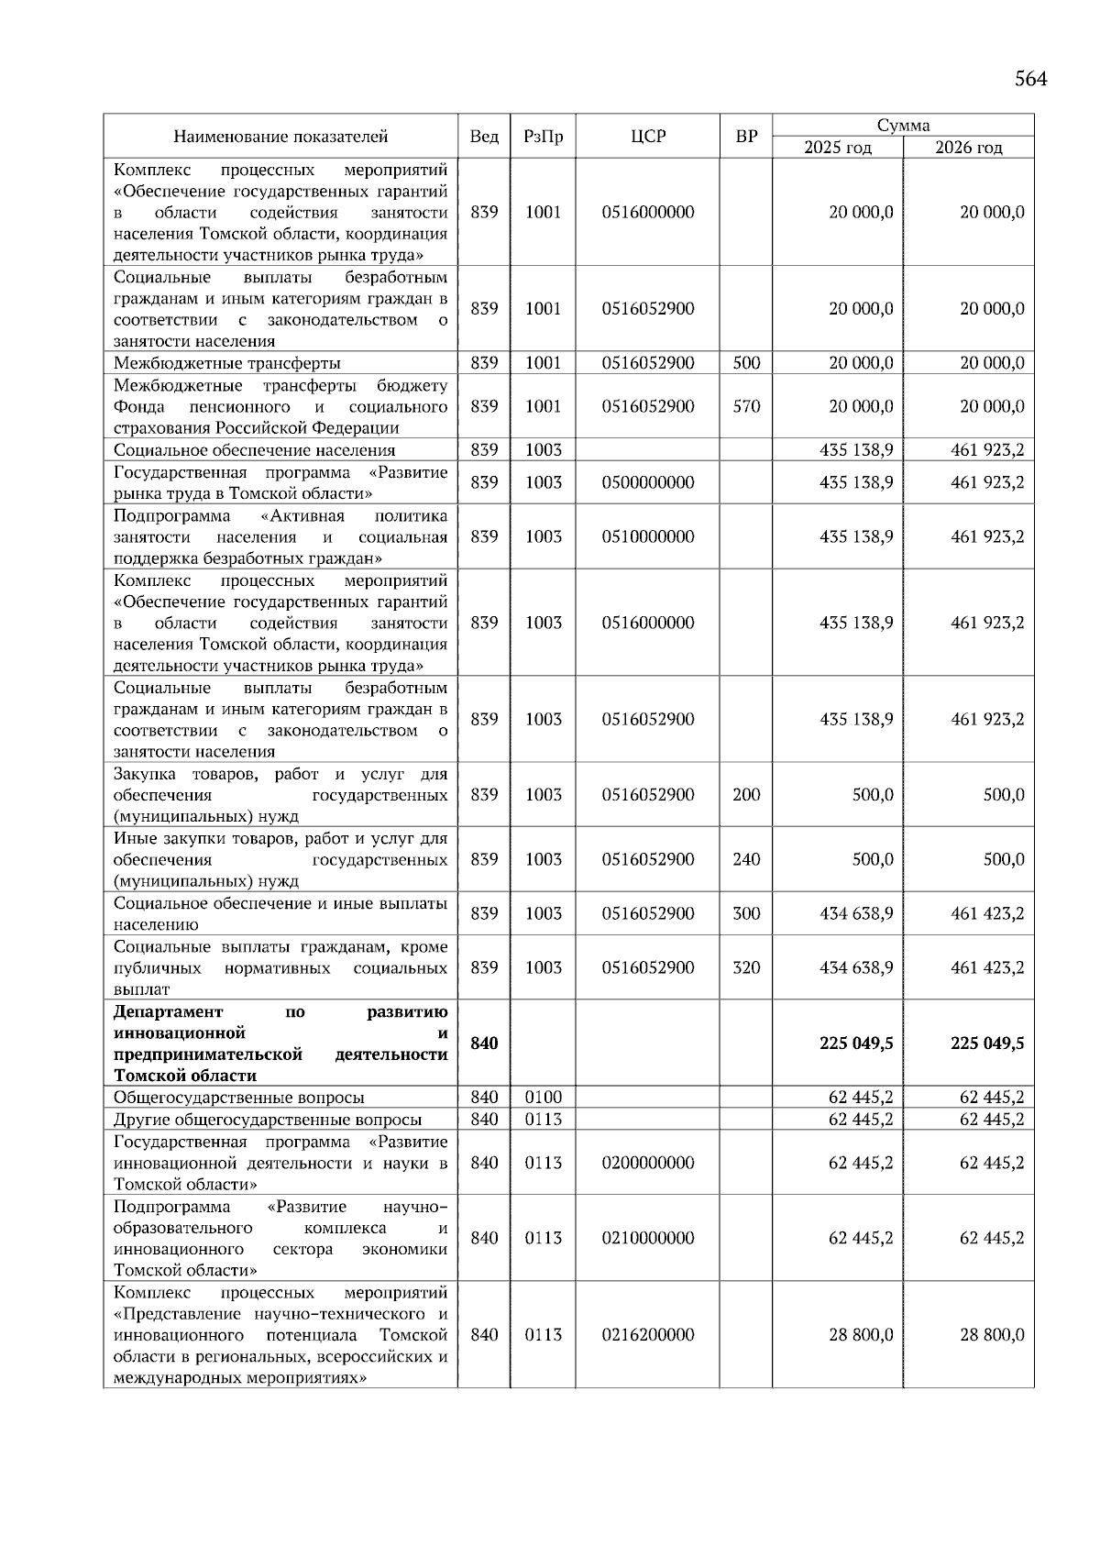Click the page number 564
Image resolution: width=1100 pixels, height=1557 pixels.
(x=1030, y=80)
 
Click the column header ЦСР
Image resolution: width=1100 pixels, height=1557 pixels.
(x=647, y=137)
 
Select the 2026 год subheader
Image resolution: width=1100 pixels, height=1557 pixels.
(x=968, y=148)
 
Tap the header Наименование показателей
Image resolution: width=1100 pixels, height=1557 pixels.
(x=280, y=137)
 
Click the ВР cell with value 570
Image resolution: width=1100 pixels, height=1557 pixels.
(x=746, y=406)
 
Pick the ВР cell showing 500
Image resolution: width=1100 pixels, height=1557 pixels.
(x=746, y=363)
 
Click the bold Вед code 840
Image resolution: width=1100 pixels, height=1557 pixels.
(x=484, y=1044)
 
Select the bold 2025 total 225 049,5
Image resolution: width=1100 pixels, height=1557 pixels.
(x=856, y=1044)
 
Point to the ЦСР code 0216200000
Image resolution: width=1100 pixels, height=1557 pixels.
(x=647, y=1335)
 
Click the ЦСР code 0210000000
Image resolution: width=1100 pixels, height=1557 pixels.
(x=647, y=1238)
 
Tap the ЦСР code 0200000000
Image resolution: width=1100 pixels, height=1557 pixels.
(x=647, y=1163)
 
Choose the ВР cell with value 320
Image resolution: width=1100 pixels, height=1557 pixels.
(x=746, y=967)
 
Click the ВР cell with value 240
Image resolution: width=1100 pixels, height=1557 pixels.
(x=746, y=859)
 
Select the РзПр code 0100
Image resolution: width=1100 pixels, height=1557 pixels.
(x=543, y=1098)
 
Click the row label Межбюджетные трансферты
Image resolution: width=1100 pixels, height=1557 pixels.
(x=227, y=363)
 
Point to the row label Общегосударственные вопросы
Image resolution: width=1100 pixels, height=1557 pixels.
(x=238, y=1098)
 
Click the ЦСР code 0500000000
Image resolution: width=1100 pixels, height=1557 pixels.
(x=647, y=482)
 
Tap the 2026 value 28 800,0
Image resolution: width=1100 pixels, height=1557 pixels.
(x=992, y=1335)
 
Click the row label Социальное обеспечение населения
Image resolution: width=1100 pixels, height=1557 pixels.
(x=254, y=450)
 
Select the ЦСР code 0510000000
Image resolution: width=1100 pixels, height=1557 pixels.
(x=647, y=536)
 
